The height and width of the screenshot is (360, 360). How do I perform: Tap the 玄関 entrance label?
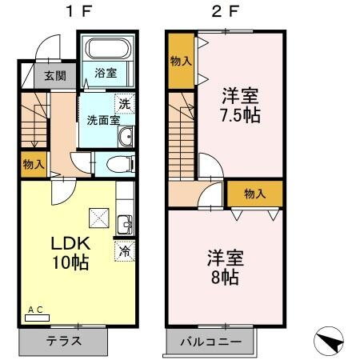(x=54, y=77)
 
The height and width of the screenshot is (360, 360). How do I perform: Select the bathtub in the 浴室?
(x=108, y=48)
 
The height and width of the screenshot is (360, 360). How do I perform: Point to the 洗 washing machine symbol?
(x=123, y=104)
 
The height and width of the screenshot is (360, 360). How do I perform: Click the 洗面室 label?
(x=103, y=121)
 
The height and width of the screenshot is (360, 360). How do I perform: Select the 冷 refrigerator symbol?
(x=124, y=250)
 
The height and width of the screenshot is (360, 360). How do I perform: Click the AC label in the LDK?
(x=35, y=310)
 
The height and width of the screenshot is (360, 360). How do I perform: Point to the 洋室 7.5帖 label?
(x=242, y=104)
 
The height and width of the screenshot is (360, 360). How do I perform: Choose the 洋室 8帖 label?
(x=225, y=268)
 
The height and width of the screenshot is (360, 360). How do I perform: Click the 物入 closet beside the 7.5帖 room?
(x=180, y=61)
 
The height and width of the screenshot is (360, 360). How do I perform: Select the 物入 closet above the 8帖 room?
(x=254, y=194)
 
